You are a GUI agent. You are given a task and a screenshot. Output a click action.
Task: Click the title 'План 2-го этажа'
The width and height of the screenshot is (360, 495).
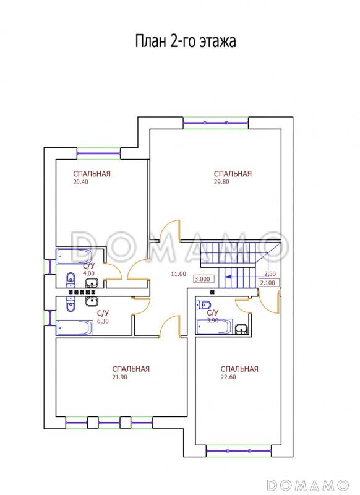[x=186, y=41]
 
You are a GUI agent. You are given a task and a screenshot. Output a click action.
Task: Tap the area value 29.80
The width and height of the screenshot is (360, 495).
[x=221, y=182]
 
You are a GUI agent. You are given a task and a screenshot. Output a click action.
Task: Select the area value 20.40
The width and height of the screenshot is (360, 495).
[x=81, y=182]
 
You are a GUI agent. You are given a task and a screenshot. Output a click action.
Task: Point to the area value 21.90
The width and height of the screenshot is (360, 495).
[x=120, y=377]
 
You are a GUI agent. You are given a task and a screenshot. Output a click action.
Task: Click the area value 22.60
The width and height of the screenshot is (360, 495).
[x=228, y=377]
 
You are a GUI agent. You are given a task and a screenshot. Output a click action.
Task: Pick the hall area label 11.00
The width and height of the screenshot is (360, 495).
[x=179, y=274]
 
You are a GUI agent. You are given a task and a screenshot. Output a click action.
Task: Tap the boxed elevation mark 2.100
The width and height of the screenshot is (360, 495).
[x=269, y=283]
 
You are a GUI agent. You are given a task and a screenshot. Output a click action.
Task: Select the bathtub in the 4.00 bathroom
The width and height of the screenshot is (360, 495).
[x=74, y=256]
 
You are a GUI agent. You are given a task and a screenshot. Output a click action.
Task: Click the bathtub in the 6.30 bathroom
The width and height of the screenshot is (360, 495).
[x=74, y=327]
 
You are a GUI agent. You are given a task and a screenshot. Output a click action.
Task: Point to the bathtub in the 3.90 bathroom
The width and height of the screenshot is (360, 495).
[x=214, y=326]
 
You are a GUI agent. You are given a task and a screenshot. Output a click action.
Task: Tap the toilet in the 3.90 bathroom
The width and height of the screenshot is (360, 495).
[x=203, y=305]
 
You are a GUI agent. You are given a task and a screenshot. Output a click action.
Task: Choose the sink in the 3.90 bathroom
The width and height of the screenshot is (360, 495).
[x=242, y=329]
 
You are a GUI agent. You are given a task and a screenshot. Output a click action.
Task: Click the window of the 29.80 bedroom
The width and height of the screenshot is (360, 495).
[x=216, y=123]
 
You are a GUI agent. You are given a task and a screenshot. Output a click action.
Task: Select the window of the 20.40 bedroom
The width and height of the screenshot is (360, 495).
[x=98, y=153]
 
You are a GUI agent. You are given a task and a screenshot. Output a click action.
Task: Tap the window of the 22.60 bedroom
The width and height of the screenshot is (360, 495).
[x=239, y=450]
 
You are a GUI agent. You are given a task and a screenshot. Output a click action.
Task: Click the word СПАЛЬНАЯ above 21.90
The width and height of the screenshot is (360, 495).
[x=131, y=369]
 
